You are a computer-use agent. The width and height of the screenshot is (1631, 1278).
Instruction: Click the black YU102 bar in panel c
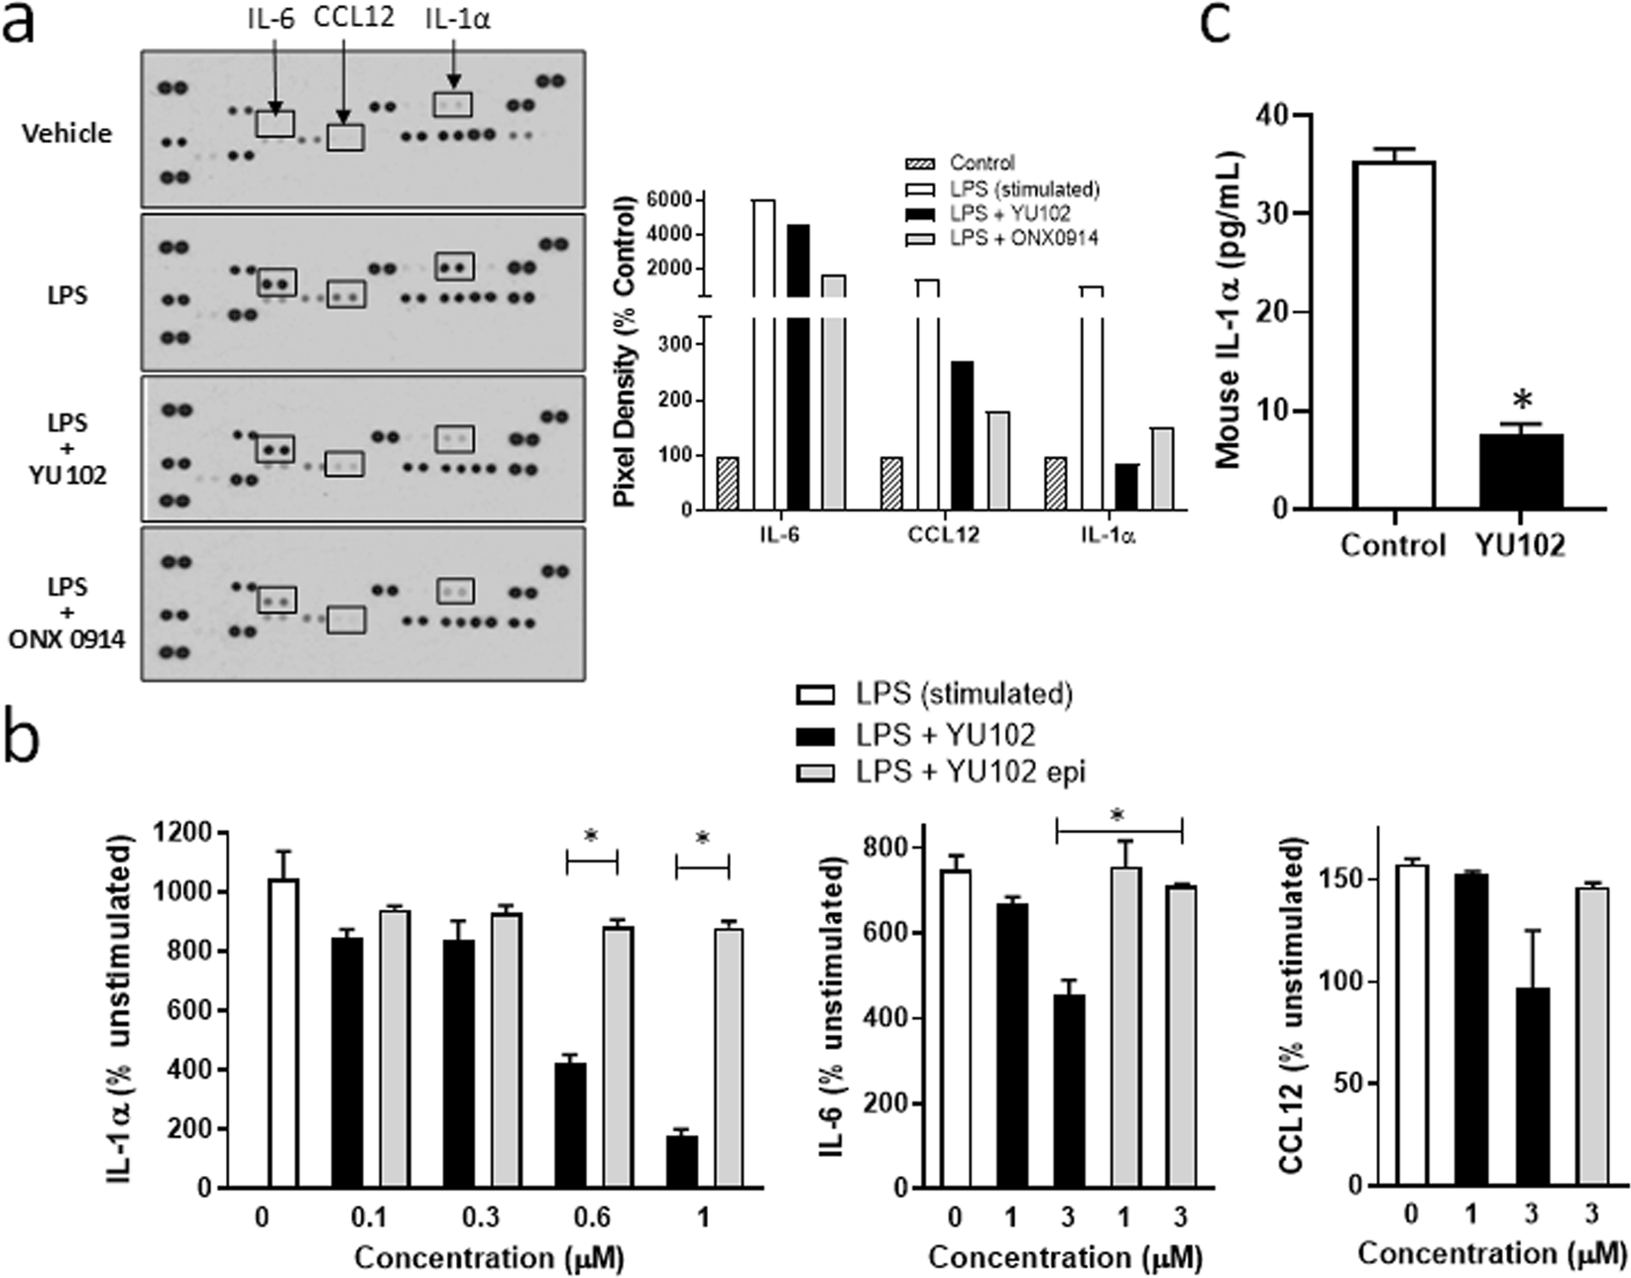[x=1522, y=472]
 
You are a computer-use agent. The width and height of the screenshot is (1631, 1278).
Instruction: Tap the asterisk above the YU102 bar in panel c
[x=1523, y=402]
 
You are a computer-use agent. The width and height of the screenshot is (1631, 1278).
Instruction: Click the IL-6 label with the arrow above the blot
[x=270, y=18]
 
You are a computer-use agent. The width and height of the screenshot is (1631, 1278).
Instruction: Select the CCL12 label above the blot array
[x=353, y=18]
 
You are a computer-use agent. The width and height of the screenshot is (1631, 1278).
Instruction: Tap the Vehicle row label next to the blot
[x=67, y=133]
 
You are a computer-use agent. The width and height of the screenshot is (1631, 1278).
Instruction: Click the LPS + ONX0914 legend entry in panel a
[x=1022, y=238]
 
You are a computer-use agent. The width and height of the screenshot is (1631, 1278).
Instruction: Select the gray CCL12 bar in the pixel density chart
[x=998, y=460]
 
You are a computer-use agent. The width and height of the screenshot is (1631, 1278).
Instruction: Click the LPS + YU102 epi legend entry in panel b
[x=971, y=772]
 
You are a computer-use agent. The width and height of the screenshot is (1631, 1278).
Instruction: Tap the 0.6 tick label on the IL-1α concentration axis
[x=592, y=1217]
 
